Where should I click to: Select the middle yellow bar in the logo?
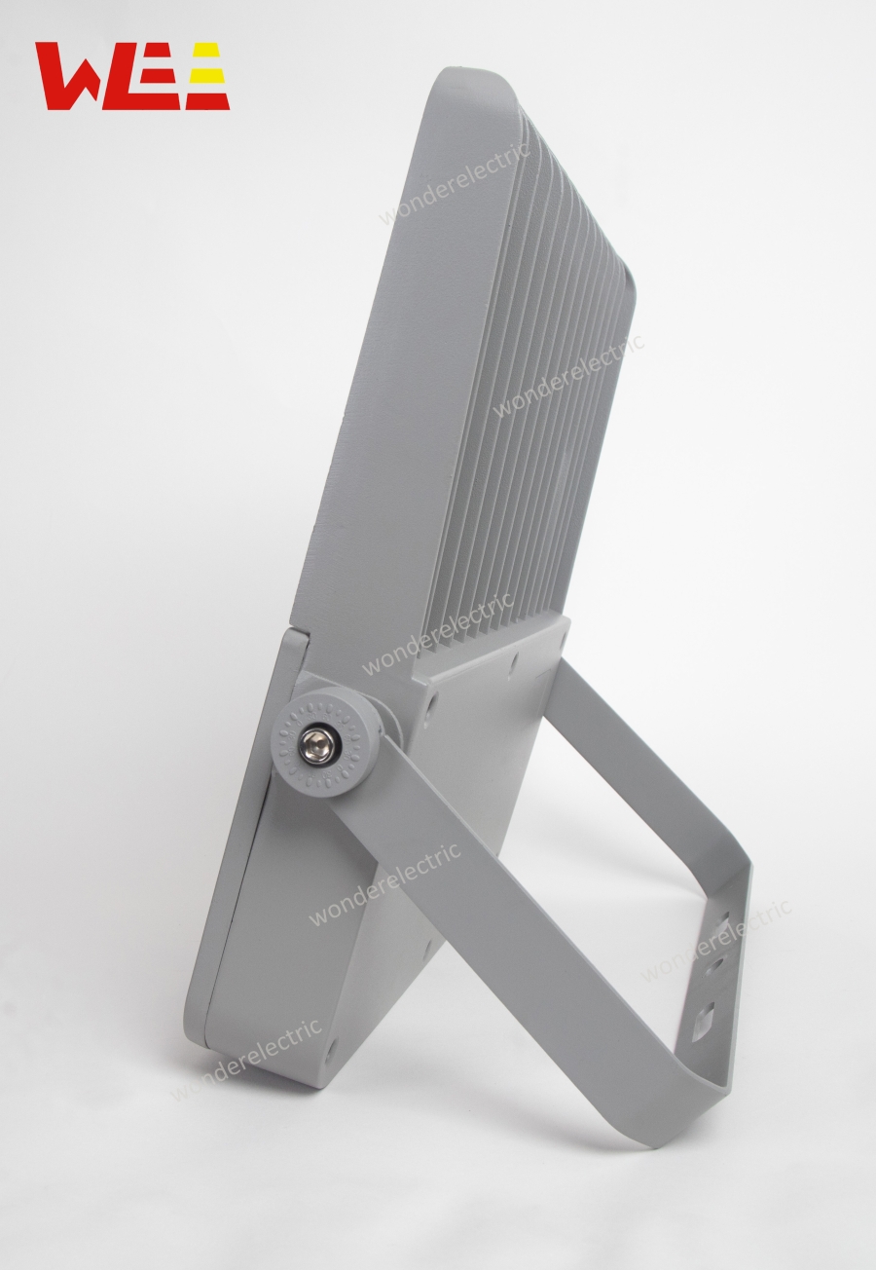click(206, 75)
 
